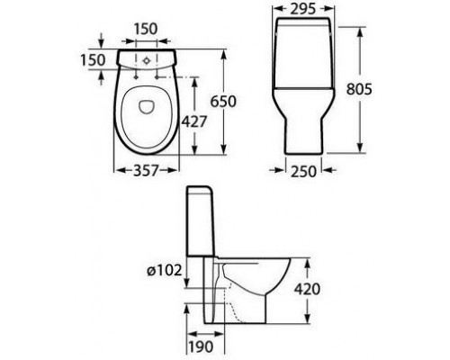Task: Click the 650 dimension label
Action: click(x=223, y=101)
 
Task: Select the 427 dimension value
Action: click(x=194, y=121)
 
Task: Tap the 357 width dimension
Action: click(x=146, y=170)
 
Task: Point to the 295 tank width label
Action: click(x=303, y=9)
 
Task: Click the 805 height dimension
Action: click(x=359, y=89)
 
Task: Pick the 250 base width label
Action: click(x=303, y=172)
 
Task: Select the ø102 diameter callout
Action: click(x=165, y=271)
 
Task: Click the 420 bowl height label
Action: click(x=307, y=289)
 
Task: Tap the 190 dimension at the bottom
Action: click(x=201, y=346)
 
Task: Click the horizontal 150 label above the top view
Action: click(x=146, y=29)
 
